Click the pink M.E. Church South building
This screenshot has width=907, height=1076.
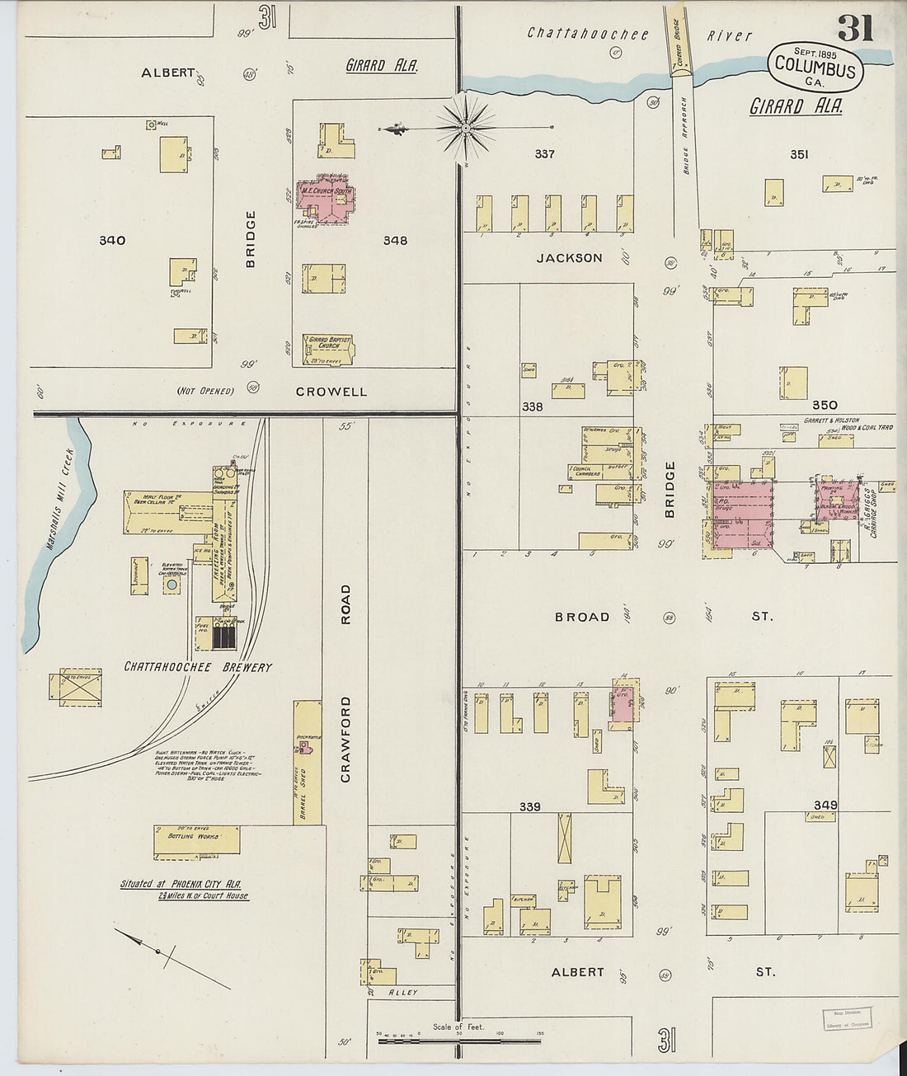[326, 200]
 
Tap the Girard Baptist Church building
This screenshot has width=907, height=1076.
[329, 349]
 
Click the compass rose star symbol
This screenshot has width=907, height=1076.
[466, 128]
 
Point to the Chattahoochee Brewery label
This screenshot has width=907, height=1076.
[198, 667]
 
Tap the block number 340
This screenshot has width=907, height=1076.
[112, 241]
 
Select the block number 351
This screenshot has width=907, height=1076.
[799, 154]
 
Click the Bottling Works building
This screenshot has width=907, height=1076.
[196, 840]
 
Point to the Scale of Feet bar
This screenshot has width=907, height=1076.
[459, 1041]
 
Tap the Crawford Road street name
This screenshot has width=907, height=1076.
[345, 684]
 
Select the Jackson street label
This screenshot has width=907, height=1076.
[569, 258]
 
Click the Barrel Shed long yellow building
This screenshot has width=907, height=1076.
[308, 762]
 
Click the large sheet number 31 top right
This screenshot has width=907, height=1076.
[855, 29]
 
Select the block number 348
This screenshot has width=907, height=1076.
[395, 241]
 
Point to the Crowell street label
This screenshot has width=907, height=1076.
[331, 392]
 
